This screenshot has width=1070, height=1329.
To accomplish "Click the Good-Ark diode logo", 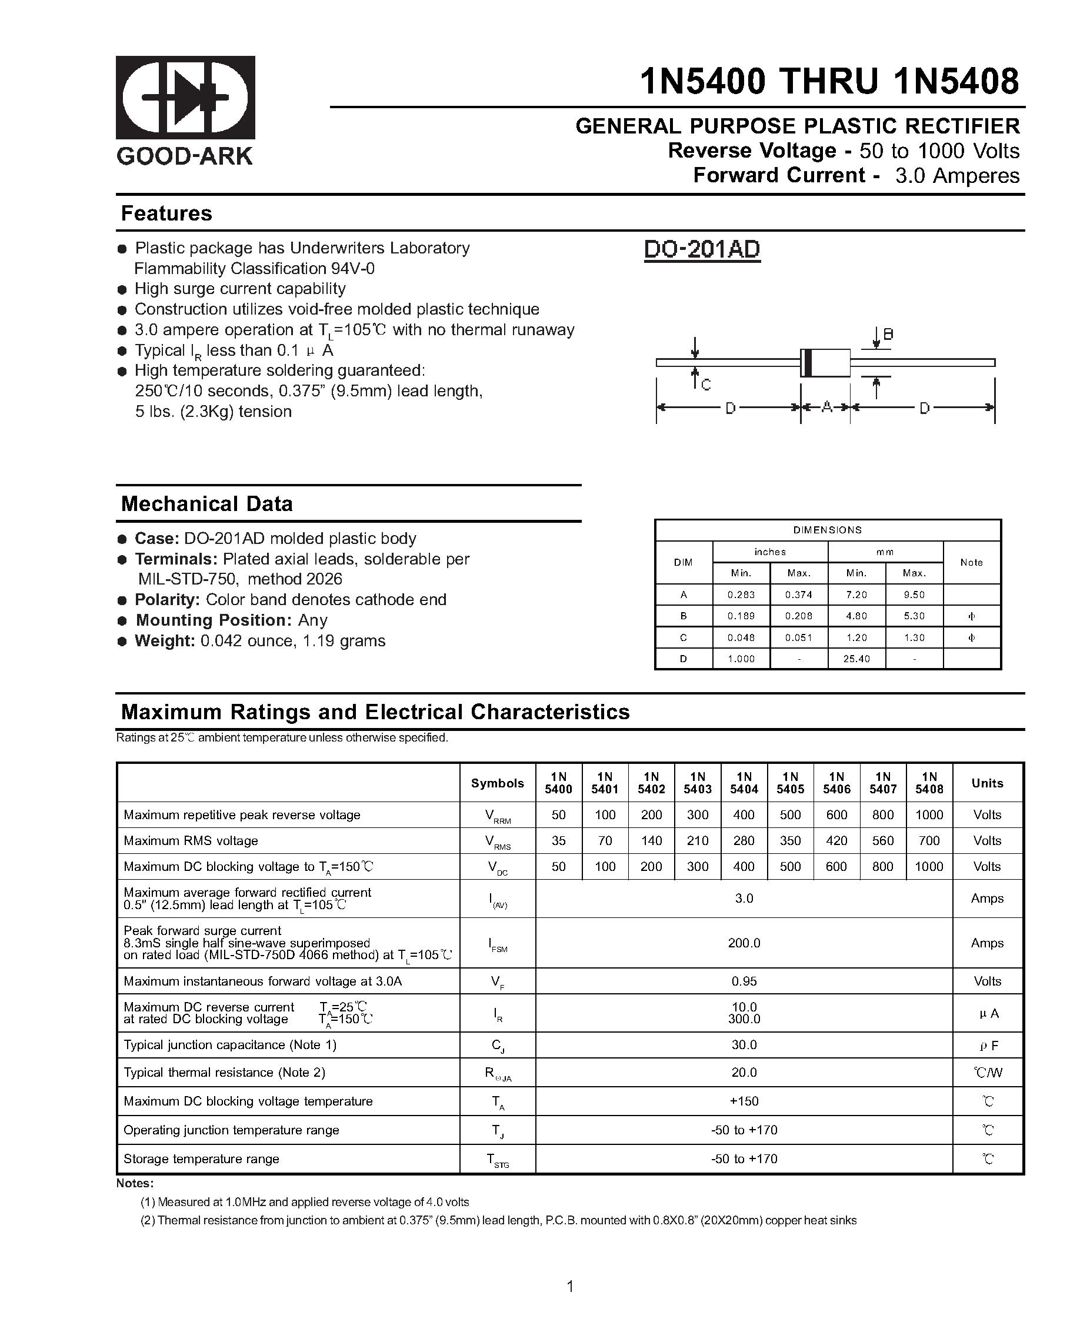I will (x=185, y=98).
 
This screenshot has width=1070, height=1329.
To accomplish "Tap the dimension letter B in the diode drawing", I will (x=889, y=334).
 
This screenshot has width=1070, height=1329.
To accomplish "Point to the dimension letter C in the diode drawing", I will (x=706, y=385).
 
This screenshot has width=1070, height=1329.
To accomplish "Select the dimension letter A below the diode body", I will (x=826, y=407).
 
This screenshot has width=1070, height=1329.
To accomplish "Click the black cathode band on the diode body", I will (x=806, y=362).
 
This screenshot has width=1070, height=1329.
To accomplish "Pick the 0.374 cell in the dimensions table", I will (x=799, y=595).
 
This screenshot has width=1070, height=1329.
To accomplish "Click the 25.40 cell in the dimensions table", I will (x=856, y=659).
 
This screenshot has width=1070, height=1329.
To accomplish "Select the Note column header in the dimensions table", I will (x=971, y=562).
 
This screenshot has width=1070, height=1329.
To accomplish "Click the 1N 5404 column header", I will (x=744, y=783).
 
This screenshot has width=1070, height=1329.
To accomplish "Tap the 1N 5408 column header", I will (x=929, y=783).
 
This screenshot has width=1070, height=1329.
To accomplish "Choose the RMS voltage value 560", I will (x=882, y=841).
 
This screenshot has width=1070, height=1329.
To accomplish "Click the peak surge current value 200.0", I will (x=744, y=943).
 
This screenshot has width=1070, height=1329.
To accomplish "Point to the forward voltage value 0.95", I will (x=744, y=981).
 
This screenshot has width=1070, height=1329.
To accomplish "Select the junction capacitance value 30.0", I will (x=744, y=1045).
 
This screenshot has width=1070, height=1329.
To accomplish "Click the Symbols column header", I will (x=497, y=783).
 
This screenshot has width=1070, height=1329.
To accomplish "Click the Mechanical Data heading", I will (x=206, y=503).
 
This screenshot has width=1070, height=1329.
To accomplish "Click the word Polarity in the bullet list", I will (x=166, y=600).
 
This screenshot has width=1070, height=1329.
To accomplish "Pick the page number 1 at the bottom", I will (x=570, y=1287).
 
